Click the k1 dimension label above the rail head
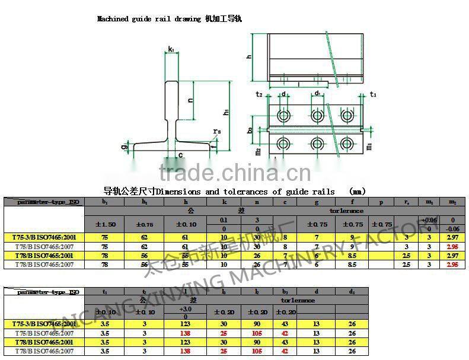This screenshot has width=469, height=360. pos(171,49)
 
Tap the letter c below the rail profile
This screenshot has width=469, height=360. pos(180,155)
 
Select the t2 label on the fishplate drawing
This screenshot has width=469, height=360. pos(259,94)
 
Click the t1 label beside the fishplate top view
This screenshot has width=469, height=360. pos(373,94)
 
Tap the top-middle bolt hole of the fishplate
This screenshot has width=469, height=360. pos(315,114)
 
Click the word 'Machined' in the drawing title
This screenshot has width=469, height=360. pos(113,19)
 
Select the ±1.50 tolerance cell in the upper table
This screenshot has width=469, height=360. pos(106,224)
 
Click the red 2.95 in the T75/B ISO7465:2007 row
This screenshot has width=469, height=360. pos(452,246)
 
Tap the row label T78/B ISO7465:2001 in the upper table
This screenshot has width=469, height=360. pos(44,255)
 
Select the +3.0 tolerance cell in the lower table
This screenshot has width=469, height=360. pos(186,309)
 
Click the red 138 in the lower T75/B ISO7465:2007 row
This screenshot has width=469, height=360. pos(186,333)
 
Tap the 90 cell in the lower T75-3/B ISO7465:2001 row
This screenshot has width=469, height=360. pos(258,324)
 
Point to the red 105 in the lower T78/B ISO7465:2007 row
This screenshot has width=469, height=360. pos(258,351)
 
